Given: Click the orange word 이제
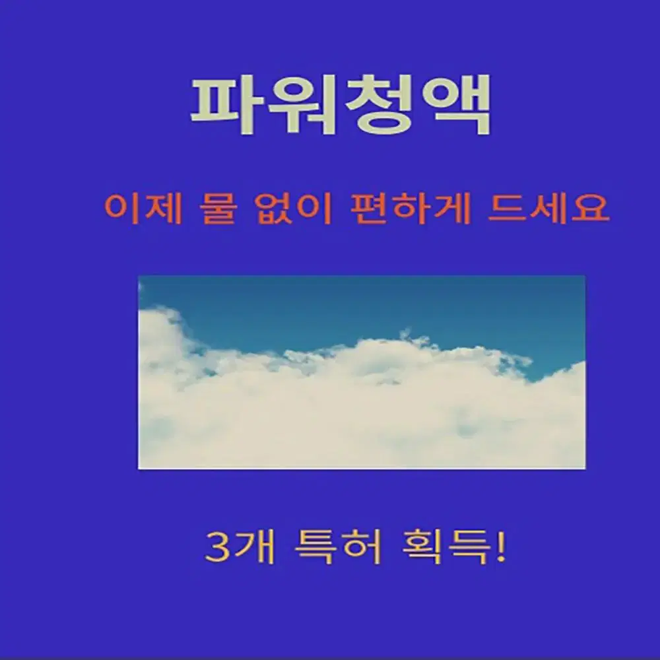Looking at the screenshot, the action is point(143,209).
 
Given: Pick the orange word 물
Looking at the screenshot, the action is point(219,209).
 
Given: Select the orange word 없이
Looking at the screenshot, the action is point(294,209).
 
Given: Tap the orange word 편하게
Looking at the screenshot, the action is point(410,209).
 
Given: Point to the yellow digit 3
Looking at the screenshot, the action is point(217,548).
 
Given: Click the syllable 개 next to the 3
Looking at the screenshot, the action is point(253,548).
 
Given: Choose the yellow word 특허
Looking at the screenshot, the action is point(339,548).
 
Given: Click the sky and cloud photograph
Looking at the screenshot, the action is point(362,372).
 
